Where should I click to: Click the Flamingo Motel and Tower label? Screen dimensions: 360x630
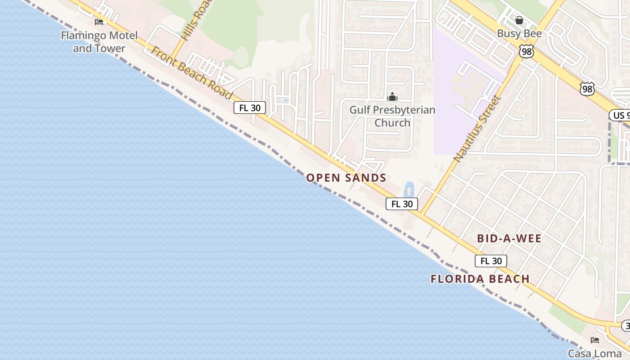tap(99, 41)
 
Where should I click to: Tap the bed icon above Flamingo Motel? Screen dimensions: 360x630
tap(99, 22)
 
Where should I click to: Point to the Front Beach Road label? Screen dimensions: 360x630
tap(192, 73)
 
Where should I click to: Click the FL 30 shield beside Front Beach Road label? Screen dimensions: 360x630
tap(250, 108)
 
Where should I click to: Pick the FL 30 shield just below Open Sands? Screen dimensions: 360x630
tap(402, 204)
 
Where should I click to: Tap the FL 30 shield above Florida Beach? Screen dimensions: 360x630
tap(491, 261)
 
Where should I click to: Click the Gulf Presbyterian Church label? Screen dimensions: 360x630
tap(392, 116)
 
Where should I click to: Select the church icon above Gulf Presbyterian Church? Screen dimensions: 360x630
tap(392, 97)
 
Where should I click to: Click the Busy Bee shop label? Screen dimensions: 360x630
tap(519, 33)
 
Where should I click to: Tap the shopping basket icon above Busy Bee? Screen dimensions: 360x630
tap(519, 20)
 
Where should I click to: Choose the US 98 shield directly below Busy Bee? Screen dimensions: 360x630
tap(526, 51)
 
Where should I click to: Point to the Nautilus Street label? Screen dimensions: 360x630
tap(477, 129)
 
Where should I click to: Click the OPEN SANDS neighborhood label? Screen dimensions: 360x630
tap(346, 178)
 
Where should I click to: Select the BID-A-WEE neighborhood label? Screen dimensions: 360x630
tap(509, 238)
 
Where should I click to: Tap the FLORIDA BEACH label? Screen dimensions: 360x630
tap(480, 279)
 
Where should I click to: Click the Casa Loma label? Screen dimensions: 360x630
tap(594, 353)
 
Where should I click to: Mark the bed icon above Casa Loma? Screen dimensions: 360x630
tap(595, 340)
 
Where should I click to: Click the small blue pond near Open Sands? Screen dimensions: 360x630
tap(409, 189)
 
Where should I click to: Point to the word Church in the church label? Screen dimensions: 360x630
tap(392, 122)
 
